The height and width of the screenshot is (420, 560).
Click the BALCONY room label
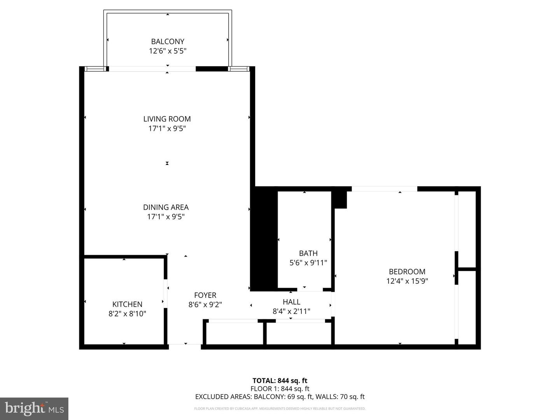(x=168, y=41)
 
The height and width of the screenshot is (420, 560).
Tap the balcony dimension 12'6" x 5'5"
(x=168, y=51)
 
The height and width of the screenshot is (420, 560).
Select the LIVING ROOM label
(x=167, y=119)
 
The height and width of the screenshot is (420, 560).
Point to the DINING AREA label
(x=166, y=207)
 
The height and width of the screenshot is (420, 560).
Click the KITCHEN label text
(x=127, y=304)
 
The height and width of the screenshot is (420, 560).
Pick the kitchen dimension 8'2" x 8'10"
(x=127, y=314)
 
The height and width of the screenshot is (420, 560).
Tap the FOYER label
(x=205, y=295)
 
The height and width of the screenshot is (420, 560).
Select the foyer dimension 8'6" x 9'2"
(x=205, y=305)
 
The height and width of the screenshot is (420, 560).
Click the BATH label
(x=308, y=253)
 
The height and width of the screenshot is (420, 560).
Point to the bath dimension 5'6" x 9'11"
(x=308, y=263)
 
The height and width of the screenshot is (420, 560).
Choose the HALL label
(x=291, y=302)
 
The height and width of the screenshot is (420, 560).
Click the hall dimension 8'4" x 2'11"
(x=291, y=311)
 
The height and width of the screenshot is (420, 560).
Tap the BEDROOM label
(x=407, y=271)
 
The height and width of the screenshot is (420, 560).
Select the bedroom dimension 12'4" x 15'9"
(x=407, y=281)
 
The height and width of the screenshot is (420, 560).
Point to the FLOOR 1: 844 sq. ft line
(x=280, y=388)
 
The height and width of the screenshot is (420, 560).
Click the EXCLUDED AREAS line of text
(x=280, y=397)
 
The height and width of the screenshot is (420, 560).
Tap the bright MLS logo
(x=34, y=408)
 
